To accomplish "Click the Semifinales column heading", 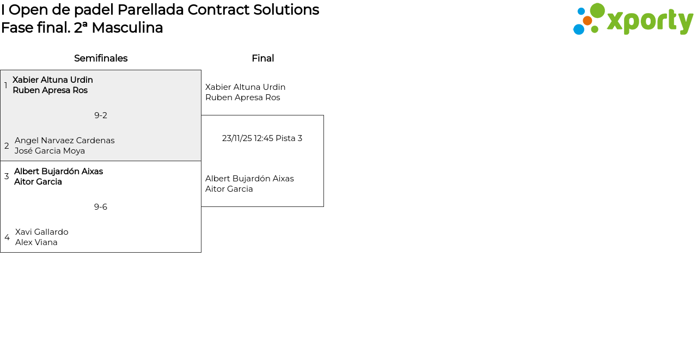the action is [x=101, y=58].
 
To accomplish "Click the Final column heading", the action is [x=263, y=58].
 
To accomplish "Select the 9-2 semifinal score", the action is [x=101, y=115].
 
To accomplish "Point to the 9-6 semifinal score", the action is [x=101, y=207].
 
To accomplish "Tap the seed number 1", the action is [x=5, y=85].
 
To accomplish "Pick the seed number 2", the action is [x=7, y=145].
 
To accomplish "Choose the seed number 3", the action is [x=7, y=176].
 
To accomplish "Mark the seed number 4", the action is [x=7, y=237].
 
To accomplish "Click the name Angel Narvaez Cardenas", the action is [x=65, y=141].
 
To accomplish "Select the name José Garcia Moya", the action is [x=50, y=151].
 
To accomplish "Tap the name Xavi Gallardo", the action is [x=42, y=232].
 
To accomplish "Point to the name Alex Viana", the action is [x=36, y=242].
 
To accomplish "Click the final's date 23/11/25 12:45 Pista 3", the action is [x=262, y=138].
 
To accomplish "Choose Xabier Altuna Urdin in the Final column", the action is [x=245, y=87].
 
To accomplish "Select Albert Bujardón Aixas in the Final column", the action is [x=249, y=179].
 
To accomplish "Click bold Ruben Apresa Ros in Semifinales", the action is [x=50, y=90].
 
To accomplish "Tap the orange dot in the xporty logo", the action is [x=588, y=21].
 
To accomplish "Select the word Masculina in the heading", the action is [x=127, y=28].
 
